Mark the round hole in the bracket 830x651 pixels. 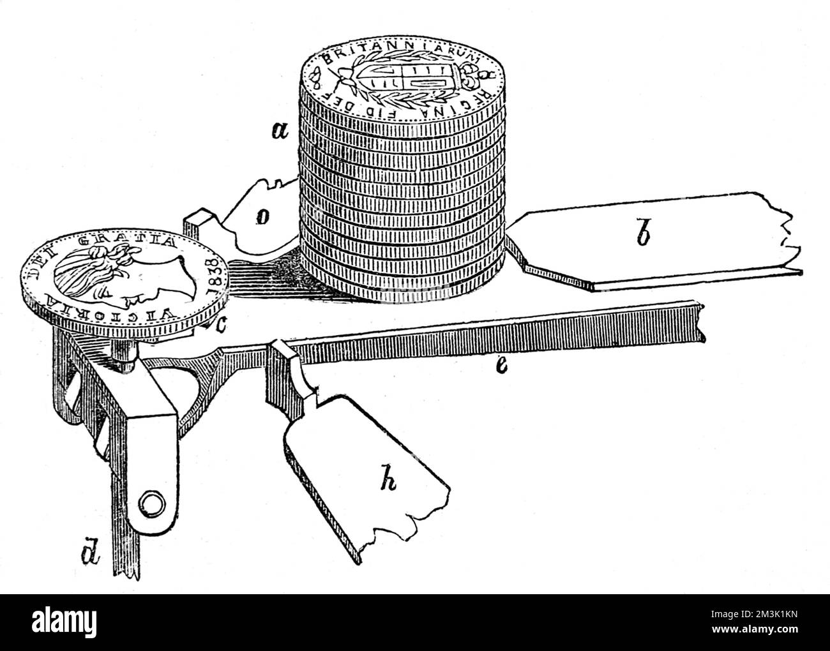click(150, 504)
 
